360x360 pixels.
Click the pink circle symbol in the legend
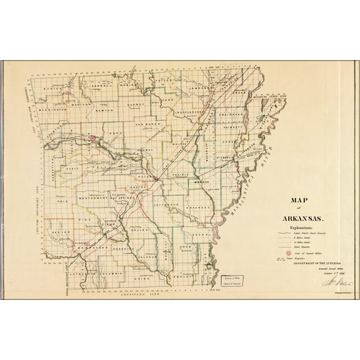click(288, 253)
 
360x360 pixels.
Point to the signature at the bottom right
click(331, 282)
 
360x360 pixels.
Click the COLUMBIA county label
click(115, 272)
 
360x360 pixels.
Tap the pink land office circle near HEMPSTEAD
click(86, 244)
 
